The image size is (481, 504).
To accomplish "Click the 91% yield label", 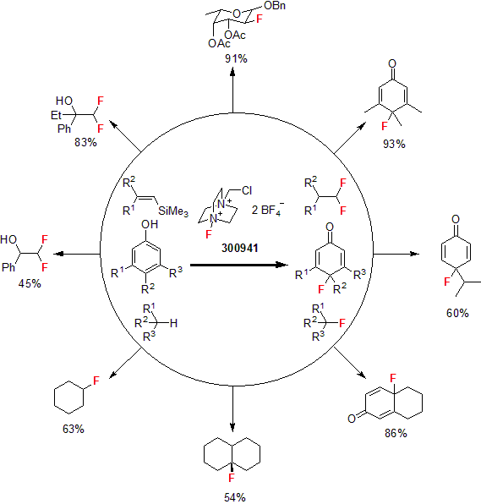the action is tap(236, 58).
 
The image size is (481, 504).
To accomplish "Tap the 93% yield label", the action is tap(394, 144).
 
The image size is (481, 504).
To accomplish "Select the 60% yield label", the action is tap(457, 313).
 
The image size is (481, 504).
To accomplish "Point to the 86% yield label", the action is tap(396, 433).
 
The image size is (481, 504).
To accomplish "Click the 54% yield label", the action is tap(235, 497).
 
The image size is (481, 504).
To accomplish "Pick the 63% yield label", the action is tap(74, 429).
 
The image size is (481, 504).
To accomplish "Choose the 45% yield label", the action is tap(30, 283).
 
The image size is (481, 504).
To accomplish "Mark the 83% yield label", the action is tap(85, 142).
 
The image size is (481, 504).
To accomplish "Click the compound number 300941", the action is tap(240, 248).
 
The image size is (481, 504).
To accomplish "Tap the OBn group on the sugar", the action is tap(275, 5).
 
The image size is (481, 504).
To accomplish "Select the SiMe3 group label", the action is tap(173, 211).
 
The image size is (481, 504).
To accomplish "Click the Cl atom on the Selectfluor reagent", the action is tap(247, 190).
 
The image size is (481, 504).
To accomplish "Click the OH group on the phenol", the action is tap(150, 224).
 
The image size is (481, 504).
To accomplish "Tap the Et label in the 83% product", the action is tap(56, 115).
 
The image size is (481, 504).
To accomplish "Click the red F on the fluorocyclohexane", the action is tap(96, 381).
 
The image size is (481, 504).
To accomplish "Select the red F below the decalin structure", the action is tap(232, 478).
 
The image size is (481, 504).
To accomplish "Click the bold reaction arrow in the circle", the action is tap(239, 265).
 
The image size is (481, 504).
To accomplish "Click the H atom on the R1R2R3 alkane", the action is tap(173, 323).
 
